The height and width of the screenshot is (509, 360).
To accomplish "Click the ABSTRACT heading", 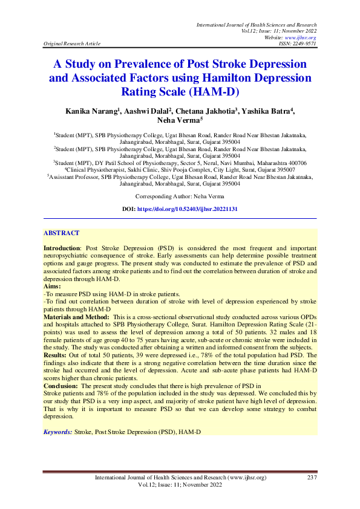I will click(x=61, y=233).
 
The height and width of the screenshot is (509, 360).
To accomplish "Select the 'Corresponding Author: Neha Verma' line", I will click(x=180, y=196).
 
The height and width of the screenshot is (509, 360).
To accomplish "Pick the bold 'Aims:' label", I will click(x=53, y=285).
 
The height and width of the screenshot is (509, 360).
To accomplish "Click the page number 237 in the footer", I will click(x=312, y=478).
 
